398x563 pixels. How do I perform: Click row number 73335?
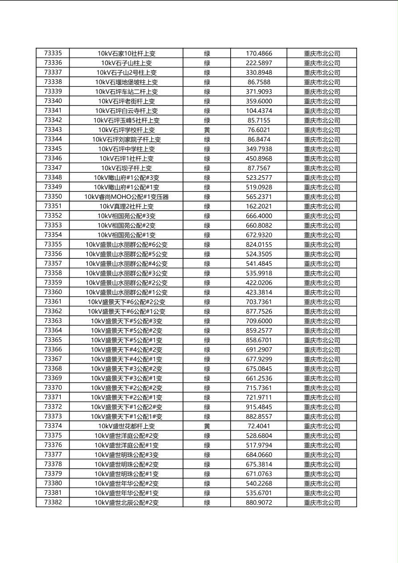tap(53, 53)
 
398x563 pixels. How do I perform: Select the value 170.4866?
tap(259, 53)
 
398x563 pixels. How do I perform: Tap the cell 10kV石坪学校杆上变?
tap(126, 130)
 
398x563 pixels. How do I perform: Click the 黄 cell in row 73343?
tap(207, 130)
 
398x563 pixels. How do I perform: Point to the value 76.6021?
tap(259, 130)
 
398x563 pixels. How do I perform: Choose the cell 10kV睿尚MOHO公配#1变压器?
tap(126, 197)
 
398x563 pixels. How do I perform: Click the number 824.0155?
tap(259, 244)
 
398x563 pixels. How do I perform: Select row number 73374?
tap(53, 426)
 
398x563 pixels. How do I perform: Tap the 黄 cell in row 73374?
tap(207, 426)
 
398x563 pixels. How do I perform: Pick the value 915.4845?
tap(259, 407)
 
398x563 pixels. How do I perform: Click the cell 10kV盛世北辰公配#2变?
tap(126, 502)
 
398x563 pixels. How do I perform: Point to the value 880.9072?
tap(259, 502)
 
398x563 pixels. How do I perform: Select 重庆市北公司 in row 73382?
tap(322, 502)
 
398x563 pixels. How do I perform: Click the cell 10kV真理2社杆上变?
tap(126, 206)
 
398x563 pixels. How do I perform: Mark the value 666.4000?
tap(259, 216)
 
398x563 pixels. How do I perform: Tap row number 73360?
tap(53, 292)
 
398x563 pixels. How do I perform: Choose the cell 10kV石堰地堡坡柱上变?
tap(126, 82)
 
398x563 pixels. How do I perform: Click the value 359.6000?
tap(259, 101)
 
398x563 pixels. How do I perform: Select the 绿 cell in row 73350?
tap(207, 197)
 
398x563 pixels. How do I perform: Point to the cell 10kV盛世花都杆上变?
tap(126, 426)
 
